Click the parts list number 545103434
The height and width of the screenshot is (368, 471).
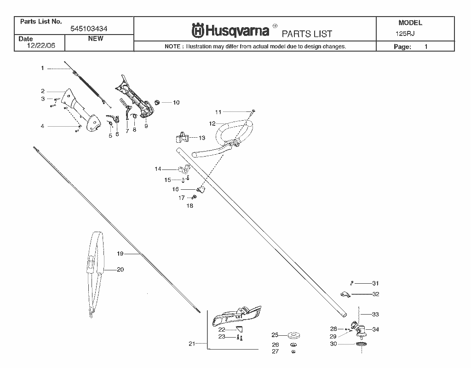pyautogui.click(x=89, y=29)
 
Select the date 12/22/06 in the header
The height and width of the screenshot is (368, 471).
pyautogui.click(x=41, y=46)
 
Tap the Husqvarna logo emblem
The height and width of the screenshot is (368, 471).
pyautogui.click(x=198, y=30)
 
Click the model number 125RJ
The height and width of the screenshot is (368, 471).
pyautogui.click(x=405, y=34)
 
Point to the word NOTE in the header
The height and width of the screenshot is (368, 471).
pyautogui.click(x=172, y=47)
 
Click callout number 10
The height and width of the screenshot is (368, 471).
pyautogui.click(x=176, y=103)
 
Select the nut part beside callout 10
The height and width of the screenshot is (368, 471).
pyautogui.click(x=157, y=103)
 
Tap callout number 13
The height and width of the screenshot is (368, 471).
pyautogui.click(x=202, y=138)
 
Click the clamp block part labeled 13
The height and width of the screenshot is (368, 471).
pyautogui.click(x=183, y=137)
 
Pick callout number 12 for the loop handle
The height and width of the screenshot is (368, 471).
pyautogui.click(x=212, y=124)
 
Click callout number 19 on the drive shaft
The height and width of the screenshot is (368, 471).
pyautogui.click(x=120, y=254)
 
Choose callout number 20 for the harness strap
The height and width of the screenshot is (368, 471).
pyautogui.click(x=120, y=269)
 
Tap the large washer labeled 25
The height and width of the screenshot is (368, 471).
pyautogui.click(x=294, y=335)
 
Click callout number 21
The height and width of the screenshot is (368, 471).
pyautogui.click(x=192, y=344)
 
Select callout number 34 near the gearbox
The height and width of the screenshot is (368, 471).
pyautogui.click(x=375, y=329)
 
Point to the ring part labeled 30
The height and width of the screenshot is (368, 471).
pyautogui.click(x=362, y=344)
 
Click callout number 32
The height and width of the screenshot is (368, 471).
pyautogui.click(x=376, y=294)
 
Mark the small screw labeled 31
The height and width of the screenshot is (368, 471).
pyautogui.click(x=351, y=283)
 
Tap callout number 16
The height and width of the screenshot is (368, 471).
pyautogui.click(x=175, y=189)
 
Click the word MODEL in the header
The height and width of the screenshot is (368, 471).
pyautogui.click(x=410, y=23)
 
